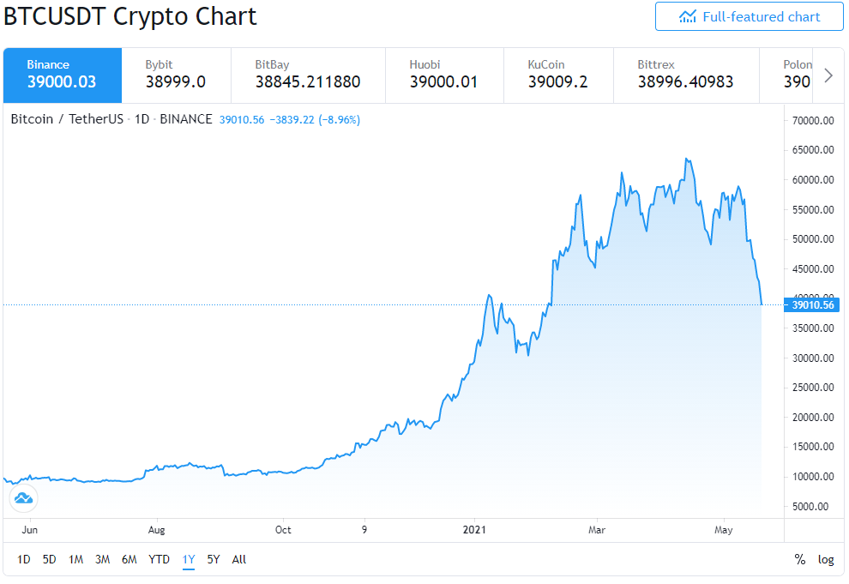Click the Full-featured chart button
749,17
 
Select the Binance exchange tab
63,75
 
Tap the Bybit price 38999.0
176,81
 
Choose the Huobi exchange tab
444,75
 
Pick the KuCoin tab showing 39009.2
559,75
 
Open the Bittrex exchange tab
687,75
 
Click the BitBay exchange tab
308,75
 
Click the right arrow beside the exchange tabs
828,75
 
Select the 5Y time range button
214,559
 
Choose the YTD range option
159,559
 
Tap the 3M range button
102,559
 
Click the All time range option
238,559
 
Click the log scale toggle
826,560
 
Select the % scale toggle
800,559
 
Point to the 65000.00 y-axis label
813,150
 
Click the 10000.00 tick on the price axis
813,477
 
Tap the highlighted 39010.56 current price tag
811,304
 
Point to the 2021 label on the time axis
474,530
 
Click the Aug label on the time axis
156,530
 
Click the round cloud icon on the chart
23,498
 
